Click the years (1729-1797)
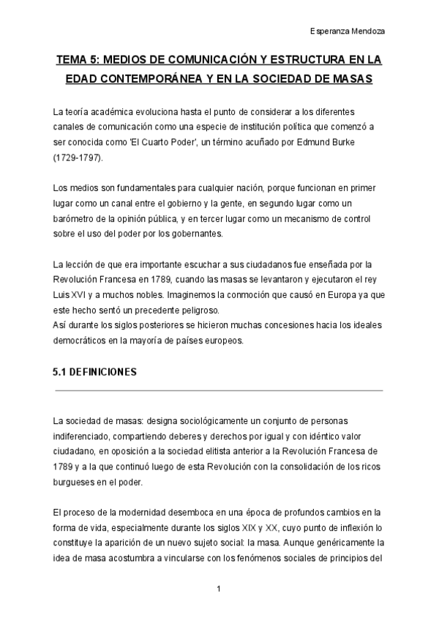coord(78,157)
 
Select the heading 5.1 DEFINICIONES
coord(95,373)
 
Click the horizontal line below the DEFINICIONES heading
coord(219,390)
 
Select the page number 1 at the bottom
coord(219,589)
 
